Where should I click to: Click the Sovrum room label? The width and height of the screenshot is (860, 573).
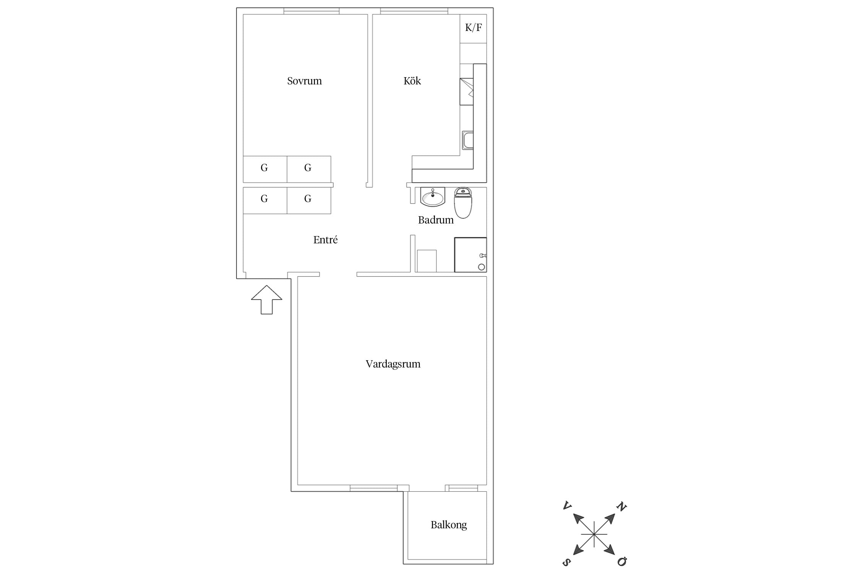coord(304,81)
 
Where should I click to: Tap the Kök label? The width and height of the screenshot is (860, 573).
coord(412,81)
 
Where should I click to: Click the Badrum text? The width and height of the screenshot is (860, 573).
coord(436,220)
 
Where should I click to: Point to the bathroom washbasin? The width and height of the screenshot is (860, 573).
coord(433,197)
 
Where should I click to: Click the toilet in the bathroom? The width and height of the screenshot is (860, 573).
coord(463,203)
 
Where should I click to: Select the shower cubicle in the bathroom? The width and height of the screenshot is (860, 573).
coord(471,255)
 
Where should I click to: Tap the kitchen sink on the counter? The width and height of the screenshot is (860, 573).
coord(467,140)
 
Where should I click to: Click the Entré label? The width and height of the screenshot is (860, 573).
coord(325,240)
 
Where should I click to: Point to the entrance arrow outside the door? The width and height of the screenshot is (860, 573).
coord(267,300)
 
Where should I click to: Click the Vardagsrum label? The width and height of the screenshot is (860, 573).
coord(393,364)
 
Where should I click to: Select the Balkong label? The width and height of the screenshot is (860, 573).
coord(449,525)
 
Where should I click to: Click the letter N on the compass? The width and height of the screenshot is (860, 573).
coord(621,507)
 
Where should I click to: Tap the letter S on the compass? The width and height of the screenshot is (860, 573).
coord(567,562)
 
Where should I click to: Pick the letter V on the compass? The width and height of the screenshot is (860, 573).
coord(567,506)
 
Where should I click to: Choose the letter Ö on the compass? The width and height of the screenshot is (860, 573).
coord(622,562)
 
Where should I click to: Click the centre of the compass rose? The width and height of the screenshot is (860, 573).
coord(594,534)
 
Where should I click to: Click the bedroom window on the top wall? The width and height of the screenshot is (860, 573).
coord(312,11)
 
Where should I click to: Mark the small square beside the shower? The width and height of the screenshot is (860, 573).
coord(427,261)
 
